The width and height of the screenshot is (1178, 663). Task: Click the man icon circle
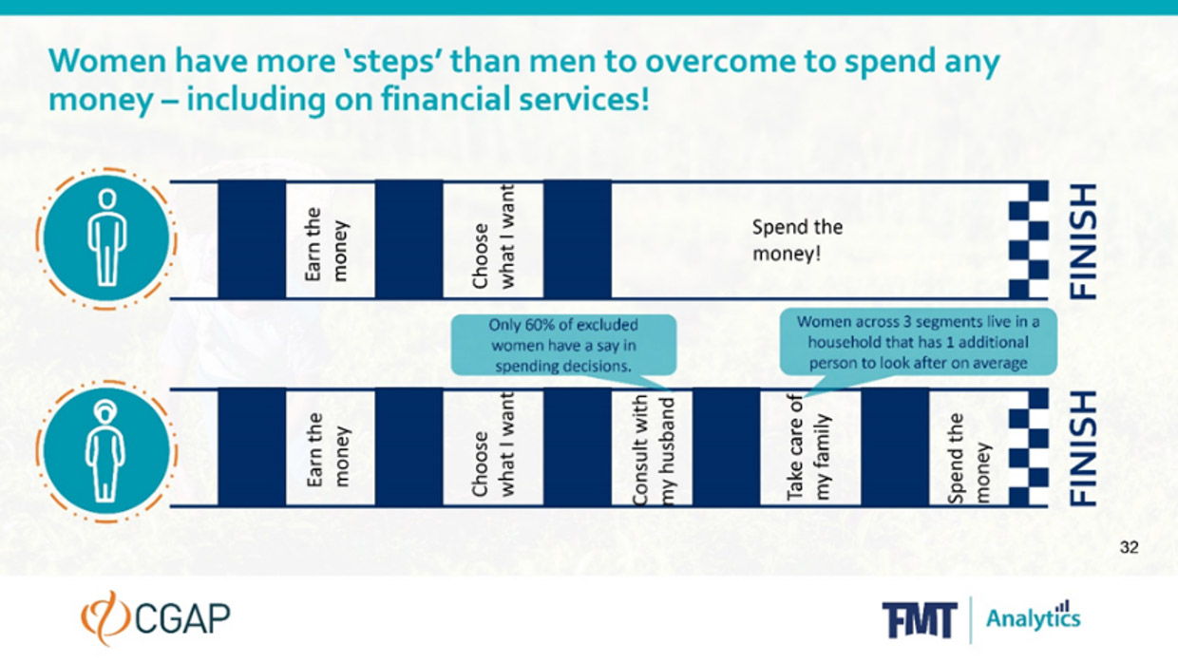(106, 238)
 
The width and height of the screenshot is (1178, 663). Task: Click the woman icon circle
(106, 451)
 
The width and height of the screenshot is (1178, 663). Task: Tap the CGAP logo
(156, 617)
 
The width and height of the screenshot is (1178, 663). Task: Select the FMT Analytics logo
(981, 619)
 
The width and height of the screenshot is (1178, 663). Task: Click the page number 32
(1130, 547)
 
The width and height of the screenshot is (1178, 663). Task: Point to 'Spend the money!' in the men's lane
(797, 240)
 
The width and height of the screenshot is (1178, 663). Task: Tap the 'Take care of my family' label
(808, 448)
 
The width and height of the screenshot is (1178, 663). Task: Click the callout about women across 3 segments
(919, 343)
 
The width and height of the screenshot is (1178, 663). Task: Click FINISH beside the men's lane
(1084, 241)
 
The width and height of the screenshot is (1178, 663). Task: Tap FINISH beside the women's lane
(1084, 448)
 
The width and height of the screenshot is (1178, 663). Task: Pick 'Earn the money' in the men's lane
(326, 244)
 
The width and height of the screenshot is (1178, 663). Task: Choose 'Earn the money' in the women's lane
(327, 449)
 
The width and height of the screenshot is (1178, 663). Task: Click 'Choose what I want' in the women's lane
(493, 445)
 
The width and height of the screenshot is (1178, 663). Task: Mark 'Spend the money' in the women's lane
(969, 459)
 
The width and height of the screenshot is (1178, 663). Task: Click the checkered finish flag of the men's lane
(1029, 240)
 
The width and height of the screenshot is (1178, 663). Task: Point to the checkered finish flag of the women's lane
(1029, 448)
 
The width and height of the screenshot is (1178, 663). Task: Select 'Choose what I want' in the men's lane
(493, 237)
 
